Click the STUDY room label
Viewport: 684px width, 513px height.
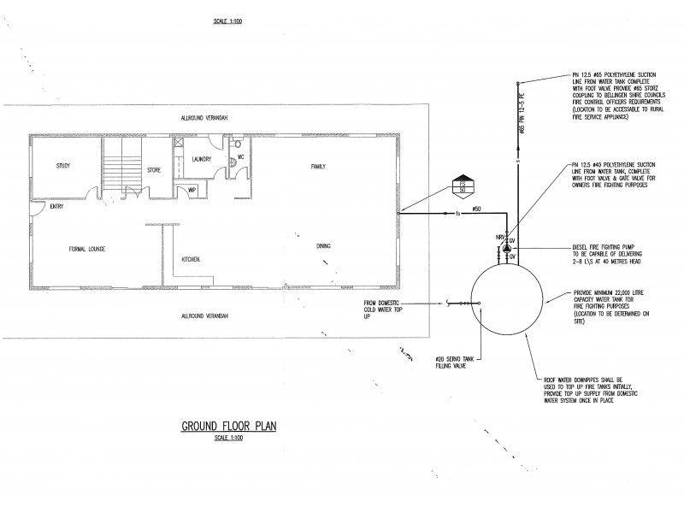[62, 166]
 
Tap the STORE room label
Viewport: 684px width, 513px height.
[154, 169]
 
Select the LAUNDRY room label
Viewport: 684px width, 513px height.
[202, 159]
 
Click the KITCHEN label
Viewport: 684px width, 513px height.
[191, 259]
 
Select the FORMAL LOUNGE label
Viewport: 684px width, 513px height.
[87, 250]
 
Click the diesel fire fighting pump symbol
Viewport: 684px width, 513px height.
[505, 249]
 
